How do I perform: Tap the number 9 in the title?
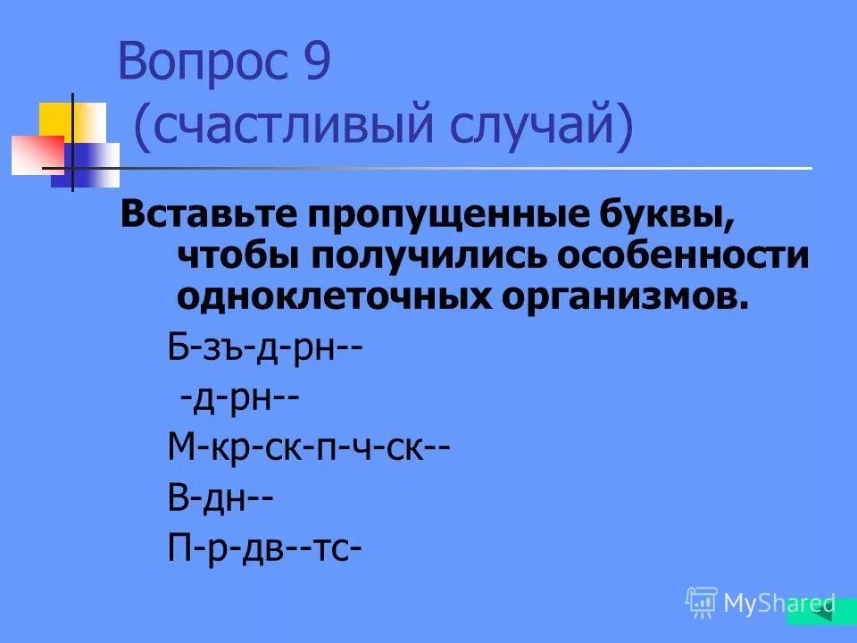click(317, 63)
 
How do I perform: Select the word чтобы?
click(237, 256)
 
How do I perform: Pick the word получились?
click(428, 256)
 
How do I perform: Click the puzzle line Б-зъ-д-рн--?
click(265, 345)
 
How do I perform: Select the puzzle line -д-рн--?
click(238, 395)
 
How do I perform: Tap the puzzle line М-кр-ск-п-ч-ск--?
click(308, 444)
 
